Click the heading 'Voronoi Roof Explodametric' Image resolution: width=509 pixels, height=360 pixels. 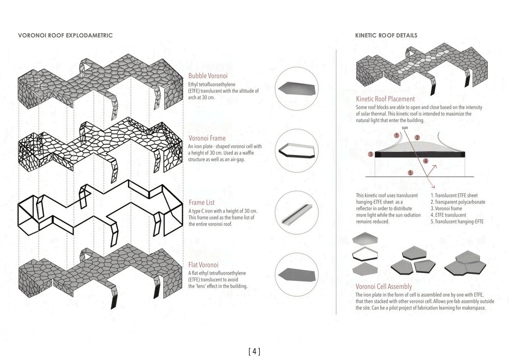coord(65,35)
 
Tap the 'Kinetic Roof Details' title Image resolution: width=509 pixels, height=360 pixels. coord(386,35)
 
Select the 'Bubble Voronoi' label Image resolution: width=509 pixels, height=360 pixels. coord(208,76)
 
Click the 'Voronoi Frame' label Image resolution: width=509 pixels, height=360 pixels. coord(207,138)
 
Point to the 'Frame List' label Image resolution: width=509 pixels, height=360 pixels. coord(201,203)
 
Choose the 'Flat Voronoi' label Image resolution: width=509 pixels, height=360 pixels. coord(203,265)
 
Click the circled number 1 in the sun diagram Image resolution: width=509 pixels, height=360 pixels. coord(397,135)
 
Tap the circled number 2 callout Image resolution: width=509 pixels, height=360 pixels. coord(417,138)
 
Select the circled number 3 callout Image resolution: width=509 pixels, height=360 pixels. coord(371,154)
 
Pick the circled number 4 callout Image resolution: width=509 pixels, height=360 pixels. coord(425,161)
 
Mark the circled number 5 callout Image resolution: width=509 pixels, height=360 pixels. coord(410,173)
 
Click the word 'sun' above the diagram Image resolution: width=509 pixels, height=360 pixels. coord(405,128)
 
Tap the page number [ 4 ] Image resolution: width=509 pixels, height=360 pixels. coord(254,352)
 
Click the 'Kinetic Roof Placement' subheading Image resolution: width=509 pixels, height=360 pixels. coord(385,99)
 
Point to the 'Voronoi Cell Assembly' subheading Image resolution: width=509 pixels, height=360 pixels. coord(384,287)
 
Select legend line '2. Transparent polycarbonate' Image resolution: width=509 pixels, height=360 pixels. coord(458,202)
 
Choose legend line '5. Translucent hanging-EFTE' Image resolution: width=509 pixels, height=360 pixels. coord(457,222)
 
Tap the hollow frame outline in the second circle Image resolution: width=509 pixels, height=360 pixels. coord(296,151)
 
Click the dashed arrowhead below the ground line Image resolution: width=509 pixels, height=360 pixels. coord(433,187)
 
